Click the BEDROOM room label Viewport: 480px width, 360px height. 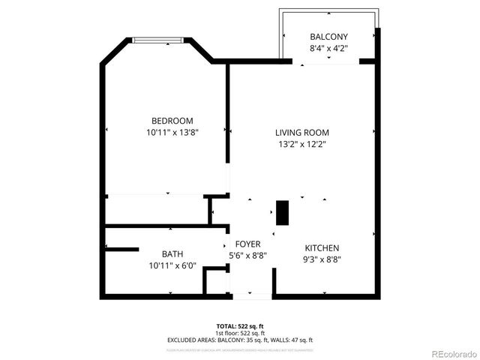[x=172, y=121]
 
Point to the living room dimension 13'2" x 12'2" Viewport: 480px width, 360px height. [x=301, y=144]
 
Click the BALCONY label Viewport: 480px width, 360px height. [x=328, y=37]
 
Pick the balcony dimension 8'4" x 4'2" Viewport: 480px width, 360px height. [x=328, y=49]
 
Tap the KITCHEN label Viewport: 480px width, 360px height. [x=322, y=248]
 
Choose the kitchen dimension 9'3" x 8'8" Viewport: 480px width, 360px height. [x=322, y=260]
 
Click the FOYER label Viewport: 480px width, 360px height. [x=247, y=244]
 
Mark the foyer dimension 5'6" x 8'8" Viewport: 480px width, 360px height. [x=247, y=256]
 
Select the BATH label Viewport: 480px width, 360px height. [x=172, y=254]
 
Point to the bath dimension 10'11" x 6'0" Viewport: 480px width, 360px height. [x=172, y=265]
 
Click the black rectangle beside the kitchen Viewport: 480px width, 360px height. [x=283, y=213]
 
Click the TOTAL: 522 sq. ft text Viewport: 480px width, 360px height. [x=239, y=325]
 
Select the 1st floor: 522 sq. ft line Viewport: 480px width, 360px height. [x=239, y=332]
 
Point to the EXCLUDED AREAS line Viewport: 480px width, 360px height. [x=239, y=340]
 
